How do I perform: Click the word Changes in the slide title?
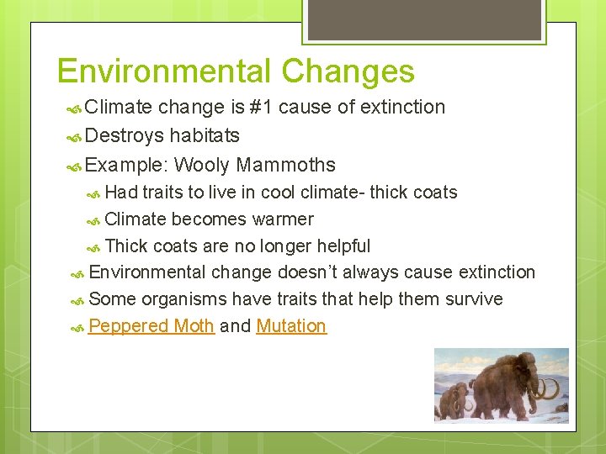(348, 71)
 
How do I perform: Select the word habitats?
(205, 135)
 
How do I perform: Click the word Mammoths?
(286, 165)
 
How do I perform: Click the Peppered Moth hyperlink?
(151, 326)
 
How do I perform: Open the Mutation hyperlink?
(291, 326)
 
